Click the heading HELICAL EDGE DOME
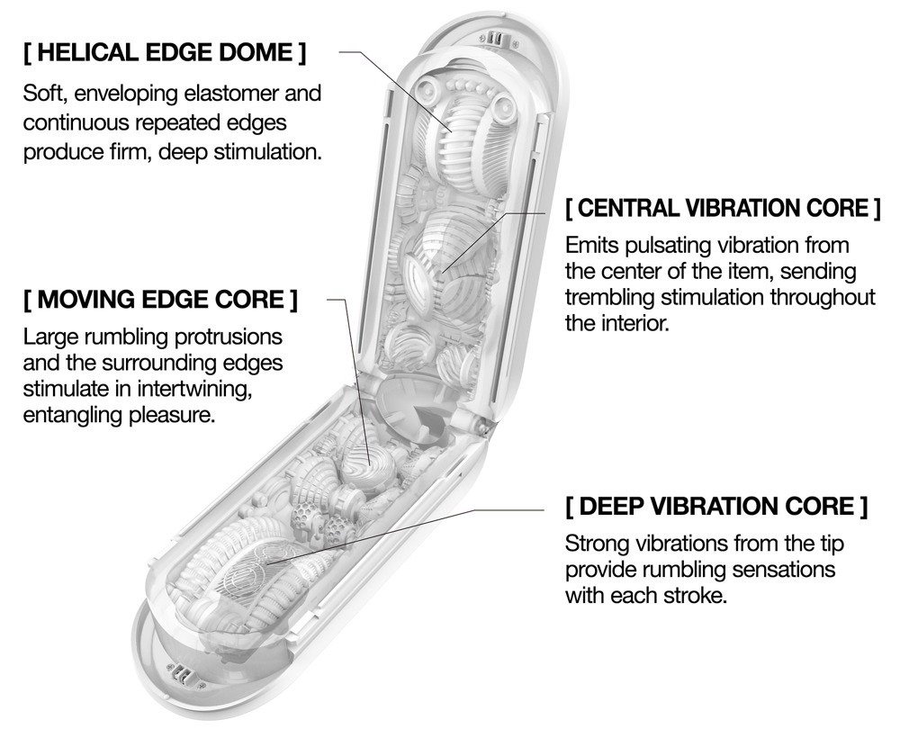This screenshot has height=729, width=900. pyautogui.click(x=165, y=52)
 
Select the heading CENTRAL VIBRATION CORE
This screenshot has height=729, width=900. pyautogui.click(x=722, y=209)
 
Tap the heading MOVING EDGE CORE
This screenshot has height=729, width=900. pyautogui.click(x=159, y=299)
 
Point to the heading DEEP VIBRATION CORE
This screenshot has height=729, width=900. pyautogui.click(x=716, y=506)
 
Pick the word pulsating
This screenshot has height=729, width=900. pyautogui.click(x=676, y=245)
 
